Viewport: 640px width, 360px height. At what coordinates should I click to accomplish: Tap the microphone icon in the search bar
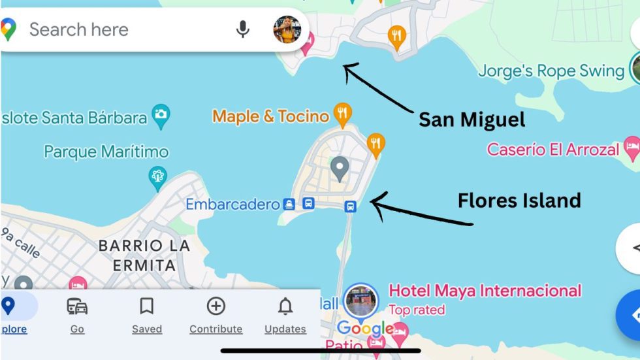click(243, 29)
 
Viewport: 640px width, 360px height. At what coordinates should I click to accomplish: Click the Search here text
click(78, 29)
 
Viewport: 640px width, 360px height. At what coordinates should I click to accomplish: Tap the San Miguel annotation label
click(472, 120)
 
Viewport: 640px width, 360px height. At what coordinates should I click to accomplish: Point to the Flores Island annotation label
click(519, 200)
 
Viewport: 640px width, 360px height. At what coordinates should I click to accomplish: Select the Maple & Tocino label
click(270, 116)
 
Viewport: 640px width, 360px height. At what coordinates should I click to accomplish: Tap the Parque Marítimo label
click(106, 152)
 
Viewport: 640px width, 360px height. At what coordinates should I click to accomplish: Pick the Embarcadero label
click(232, 205)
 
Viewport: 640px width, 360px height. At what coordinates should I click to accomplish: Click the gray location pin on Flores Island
click(339, 168)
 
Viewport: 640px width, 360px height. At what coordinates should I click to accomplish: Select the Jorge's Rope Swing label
click(551, 71)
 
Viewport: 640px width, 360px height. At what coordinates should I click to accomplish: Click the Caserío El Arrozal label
click(552, 149)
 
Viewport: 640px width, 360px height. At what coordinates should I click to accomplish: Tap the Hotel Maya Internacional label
click(485, 290)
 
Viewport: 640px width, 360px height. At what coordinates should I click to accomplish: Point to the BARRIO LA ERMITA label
click(144, 255)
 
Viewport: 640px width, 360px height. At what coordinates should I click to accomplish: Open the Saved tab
click(147, 315)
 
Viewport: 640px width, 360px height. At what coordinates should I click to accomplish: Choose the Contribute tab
click(216, 315)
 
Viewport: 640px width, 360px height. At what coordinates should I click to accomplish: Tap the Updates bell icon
click(285, 306)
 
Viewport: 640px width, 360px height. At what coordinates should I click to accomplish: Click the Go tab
click(77, 315)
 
